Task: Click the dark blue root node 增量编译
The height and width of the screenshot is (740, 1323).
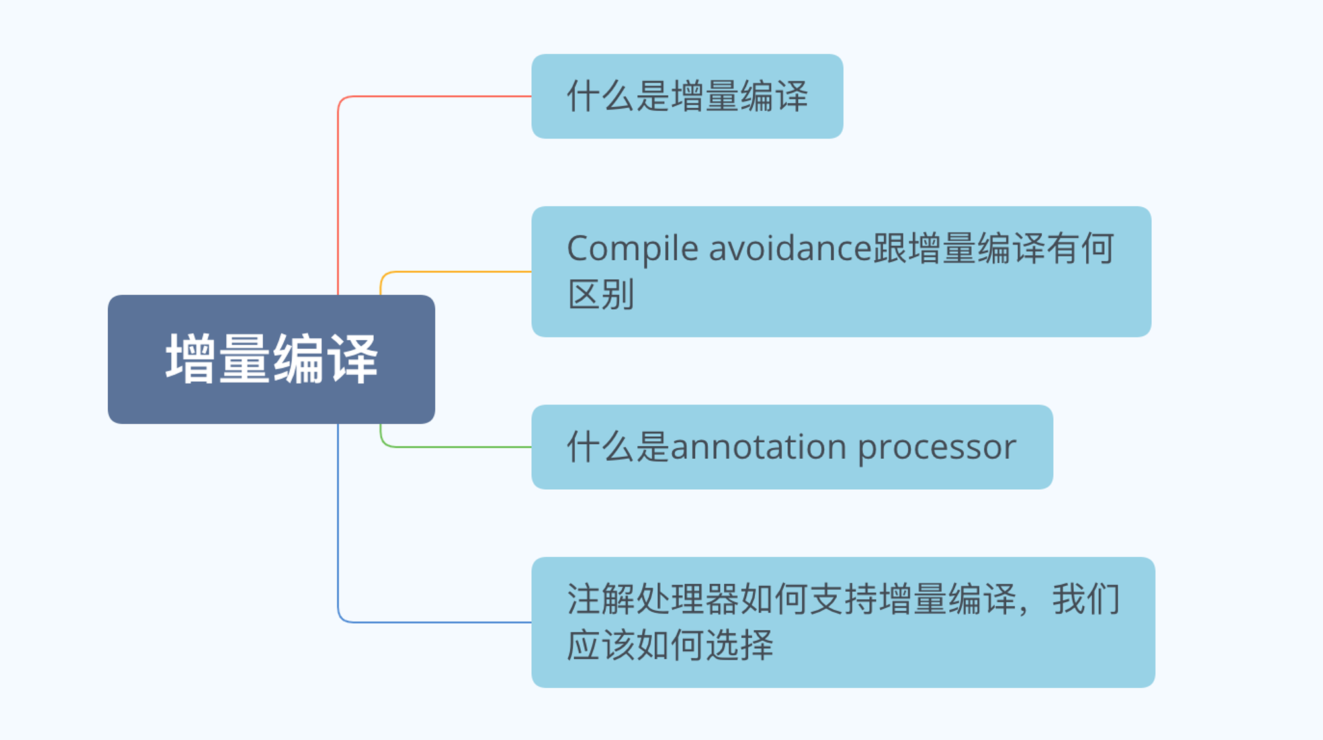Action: pyautogui.click(x=271, y=359)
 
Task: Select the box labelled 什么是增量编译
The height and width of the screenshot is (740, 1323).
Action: pyautogui.click(x=687, y=96)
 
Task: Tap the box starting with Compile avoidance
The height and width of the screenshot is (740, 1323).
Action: pyautogui.click(x=841, y=271)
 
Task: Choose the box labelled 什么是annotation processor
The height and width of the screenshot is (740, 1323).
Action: pyautogui.click(x=792, y=447)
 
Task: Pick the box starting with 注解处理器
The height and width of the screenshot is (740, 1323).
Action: pyautogui.click(x=843, y=622)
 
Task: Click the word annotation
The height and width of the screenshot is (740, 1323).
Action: pyautogui.click(x=759, y=447)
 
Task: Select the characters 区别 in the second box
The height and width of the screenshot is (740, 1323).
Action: pyautogui.click(x=601, y=295)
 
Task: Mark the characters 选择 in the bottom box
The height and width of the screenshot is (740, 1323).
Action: pyautogui.click(x=739, y=645)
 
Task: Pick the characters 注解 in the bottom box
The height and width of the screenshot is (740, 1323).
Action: pyautogui.click(x=601, y=599)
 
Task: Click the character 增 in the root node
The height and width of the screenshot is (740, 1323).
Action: pyautogui.click(x=191, y=359)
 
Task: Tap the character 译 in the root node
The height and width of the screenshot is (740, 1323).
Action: pyautogui.click(x=353, y=359)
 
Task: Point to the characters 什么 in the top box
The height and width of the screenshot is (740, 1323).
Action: pyautogui.click(x=601, y=96)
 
